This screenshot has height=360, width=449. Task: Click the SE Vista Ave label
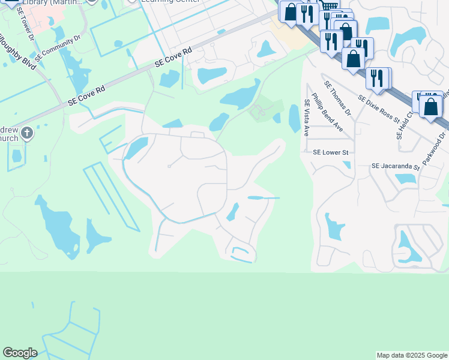point(306,117)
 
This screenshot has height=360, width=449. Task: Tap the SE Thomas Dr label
point(337,98)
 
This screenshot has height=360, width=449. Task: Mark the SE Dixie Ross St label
point(379,108)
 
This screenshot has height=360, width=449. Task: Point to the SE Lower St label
point(331,152)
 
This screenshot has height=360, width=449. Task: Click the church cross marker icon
point(26,133)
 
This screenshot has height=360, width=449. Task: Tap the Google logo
point(20,353)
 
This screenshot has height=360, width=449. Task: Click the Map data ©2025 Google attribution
point(412,355)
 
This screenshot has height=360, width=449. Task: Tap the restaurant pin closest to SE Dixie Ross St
point(377,77)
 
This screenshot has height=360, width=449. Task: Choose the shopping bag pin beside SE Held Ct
point(431,106)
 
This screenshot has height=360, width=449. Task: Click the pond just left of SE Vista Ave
point(294,118)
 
